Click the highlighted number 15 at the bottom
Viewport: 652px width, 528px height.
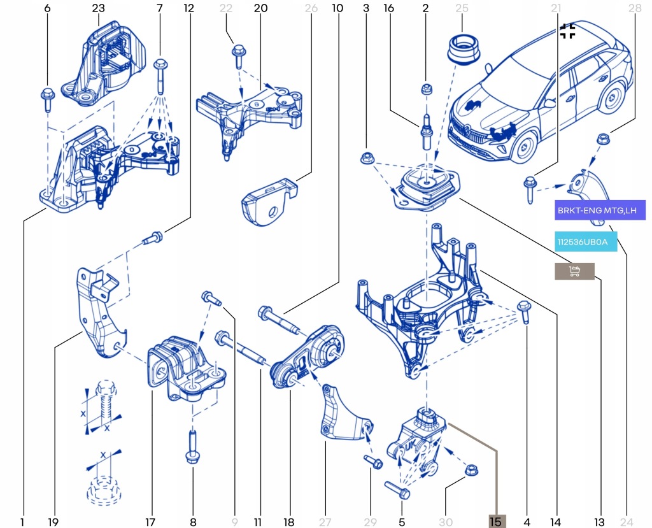pos(497,522)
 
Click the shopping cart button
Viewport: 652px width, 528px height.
pos(574,272)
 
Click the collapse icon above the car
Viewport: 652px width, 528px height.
pos(567,31)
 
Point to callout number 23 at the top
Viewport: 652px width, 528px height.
pos(98,8)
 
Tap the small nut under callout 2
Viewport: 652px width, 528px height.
pos(426,90)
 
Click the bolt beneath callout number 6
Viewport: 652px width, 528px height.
pos(48,99)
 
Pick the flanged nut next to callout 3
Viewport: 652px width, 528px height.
pos(367,157)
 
